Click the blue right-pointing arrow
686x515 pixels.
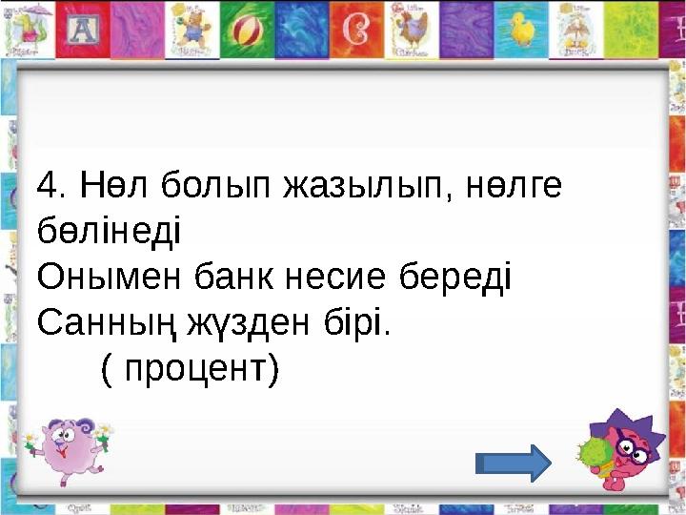[513, 463]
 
